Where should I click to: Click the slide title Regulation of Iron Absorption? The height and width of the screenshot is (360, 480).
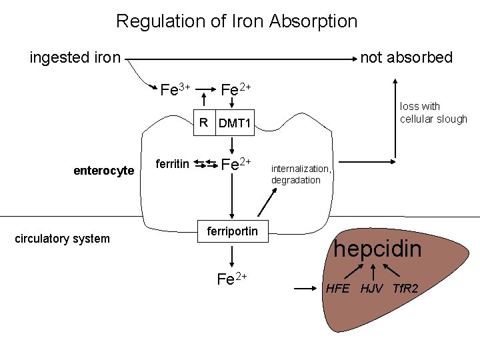(x=237, y=21)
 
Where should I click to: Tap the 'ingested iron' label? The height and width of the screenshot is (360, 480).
(x=75, y=57)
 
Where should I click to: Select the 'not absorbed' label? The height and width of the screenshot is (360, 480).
(x=406, y=57)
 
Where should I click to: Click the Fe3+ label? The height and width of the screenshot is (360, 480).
(x=176, y=89)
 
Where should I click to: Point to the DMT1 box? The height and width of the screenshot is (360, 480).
(x=234, y=123)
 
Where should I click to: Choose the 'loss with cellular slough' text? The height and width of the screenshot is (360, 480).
(x=433, y=112)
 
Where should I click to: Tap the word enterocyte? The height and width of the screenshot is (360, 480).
(x=103, y=171)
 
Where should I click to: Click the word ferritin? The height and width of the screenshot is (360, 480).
(x=172, y=164)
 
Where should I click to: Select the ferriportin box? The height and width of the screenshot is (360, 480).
(x=232, y=231)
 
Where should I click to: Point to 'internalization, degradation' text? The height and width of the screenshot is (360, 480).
(x=300, y=175)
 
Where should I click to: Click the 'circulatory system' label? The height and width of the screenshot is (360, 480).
(x=62, y=239)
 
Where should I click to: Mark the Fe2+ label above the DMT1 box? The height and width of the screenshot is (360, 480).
(x=235, y=89)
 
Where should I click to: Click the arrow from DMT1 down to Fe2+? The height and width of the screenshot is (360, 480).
(x=231, y=146)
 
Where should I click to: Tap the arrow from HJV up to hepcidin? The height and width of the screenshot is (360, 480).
(x=374, y=272)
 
